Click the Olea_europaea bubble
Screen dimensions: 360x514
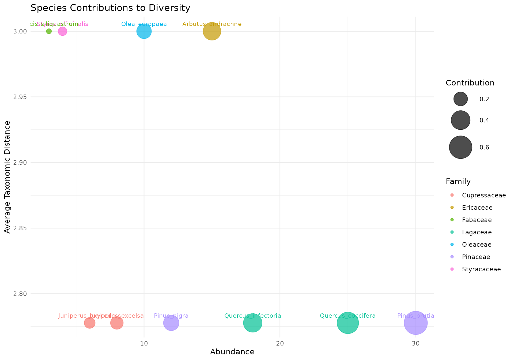[x=144, y=31]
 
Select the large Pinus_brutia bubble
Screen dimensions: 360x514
[x=415, y=323]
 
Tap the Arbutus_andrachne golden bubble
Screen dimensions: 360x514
[x=212, y=31]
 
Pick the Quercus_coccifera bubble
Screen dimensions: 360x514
[x=347, y=323]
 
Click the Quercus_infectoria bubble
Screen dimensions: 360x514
[x=252, y=323]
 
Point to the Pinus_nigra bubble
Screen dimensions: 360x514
[x=171, y=323]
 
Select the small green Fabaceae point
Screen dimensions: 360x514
[x=49, y=31]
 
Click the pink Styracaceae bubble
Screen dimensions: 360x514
[x=62, y=31]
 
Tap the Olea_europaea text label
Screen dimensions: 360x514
[x=144, y=24]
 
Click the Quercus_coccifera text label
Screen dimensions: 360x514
[x=347, y=316]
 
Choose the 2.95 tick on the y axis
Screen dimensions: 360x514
[x=20, y=97]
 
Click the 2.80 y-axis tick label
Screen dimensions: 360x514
[x=20, y=294]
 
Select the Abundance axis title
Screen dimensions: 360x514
[x=232, y=352]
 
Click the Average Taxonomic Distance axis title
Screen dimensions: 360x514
[x=7, y=177]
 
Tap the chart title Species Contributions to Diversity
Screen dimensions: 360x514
[x=110, y=8]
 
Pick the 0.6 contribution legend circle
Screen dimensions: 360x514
[x=460, y=147]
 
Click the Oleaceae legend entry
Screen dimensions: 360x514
[x=477, y=245]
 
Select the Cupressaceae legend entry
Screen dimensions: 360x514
[x=484, y=195]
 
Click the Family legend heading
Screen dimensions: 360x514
[x=458, y=182]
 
